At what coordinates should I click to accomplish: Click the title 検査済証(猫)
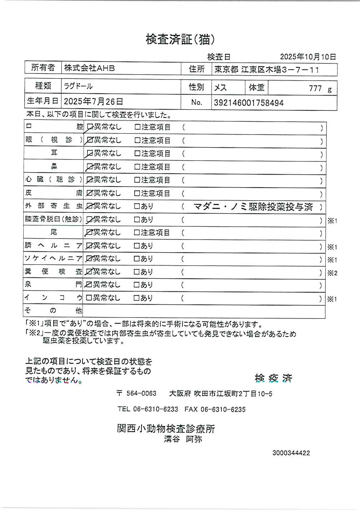pyautogui.click(x=180, y=39)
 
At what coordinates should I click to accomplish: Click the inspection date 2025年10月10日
pyautogui.click(x=307, y=57)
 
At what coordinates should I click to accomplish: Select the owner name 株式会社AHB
pyautogui.click(x=89, y=68)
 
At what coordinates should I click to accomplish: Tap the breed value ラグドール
pyautogui.click(x=78, y=86)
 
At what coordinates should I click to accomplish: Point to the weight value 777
pyautogui.click(x=315, y=89)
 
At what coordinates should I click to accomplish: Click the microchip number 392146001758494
pyautogui.click(x=249, y=103)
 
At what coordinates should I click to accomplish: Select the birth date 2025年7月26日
pyautogui.click(x=94, y=101)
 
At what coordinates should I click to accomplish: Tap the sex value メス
pyautogui.click(x=220, y=88)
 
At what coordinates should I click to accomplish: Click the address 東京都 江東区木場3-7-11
pyautogui.click(x=266, y=70)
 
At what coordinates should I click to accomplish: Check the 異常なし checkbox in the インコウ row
pyautogui.click(x=89, y=298)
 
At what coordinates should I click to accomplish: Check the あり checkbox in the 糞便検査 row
pyautogui.click(x=136, y=272)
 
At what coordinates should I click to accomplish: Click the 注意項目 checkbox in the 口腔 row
pyautogui.click(x=137, y=127)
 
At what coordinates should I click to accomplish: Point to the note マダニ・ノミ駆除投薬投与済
pyautogui.click(x=253, y=207)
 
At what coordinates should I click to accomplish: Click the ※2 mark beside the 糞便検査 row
pyautogui.click(x=332, y=273)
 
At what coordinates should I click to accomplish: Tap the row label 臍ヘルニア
pyautogui.click(x=53, y=246)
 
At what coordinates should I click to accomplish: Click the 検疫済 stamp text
pyautogui.click(x=274, y=378)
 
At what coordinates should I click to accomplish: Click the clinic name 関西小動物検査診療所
pyautogui.click(x=166, y=428)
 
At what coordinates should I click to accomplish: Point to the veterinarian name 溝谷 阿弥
pyautogui.click(x=183, y=439)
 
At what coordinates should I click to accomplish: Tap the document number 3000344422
pyautogui.click(x=291, y=453)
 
